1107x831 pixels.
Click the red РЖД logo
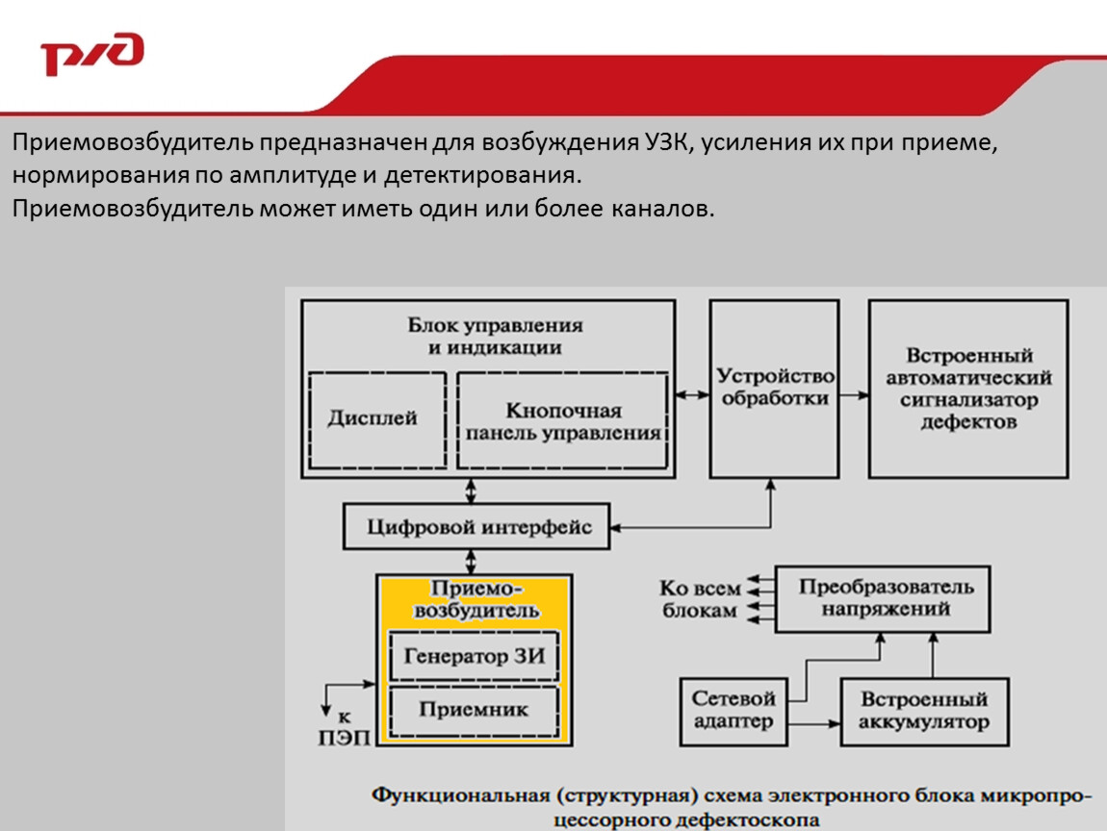[92, 54]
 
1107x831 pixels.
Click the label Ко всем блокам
[700, 599]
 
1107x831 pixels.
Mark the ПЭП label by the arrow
[344, 738]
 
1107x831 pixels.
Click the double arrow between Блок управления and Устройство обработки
[692, 395]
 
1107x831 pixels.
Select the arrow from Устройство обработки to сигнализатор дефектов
[854, 395]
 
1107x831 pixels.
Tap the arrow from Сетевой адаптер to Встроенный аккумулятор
[814, 723]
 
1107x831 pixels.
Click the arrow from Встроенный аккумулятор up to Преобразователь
[934, 655]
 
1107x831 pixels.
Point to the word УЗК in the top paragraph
[666, 141]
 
